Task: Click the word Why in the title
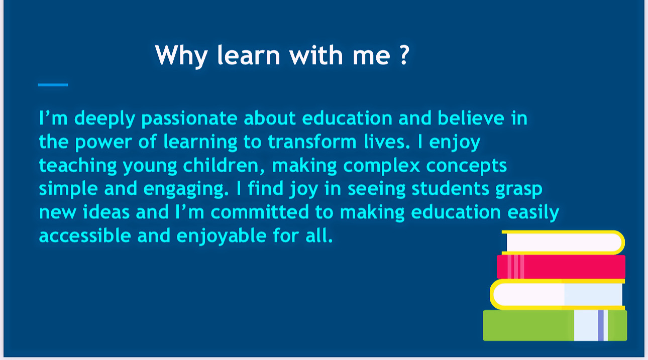point(181,56)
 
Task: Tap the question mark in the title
point(404,55)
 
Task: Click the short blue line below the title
point(53,85)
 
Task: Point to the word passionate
point(189,119)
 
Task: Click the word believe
point(471,118)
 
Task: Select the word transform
point(312,142)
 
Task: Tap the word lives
point(387,142)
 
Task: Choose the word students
point(451,188)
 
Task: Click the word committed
point(260,212)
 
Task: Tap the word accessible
point(85,235)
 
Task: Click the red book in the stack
point(561,267)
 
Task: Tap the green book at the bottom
point(555,325)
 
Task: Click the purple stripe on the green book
point(601,325)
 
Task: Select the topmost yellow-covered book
point(563,243)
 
